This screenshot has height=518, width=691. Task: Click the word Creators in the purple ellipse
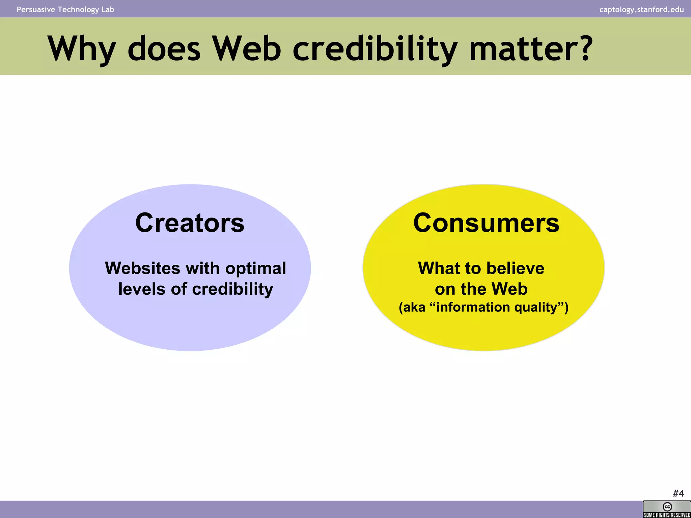(x=190, y=223)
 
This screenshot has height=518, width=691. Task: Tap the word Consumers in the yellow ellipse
(x=486, y=223)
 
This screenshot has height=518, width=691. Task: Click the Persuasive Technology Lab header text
(x=65, y=9)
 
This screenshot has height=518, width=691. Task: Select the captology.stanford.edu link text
(x=641, y=9)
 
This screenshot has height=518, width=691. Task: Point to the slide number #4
(x=678, y=493)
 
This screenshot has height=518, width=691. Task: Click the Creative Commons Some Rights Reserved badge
(x=667, y=509)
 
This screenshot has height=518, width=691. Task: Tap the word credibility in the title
(x=375, y=49)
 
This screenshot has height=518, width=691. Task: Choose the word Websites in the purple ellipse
(x=143, y=268)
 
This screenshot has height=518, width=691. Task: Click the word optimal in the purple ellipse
(x=255, y=269)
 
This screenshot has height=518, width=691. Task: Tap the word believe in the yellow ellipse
(x=515, y=268)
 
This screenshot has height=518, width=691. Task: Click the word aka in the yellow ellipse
(x=414, y=307)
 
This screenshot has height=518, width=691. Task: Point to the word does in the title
(x=164, y=49)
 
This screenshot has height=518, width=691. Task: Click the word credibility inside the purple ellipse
(x=232, y=290)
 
